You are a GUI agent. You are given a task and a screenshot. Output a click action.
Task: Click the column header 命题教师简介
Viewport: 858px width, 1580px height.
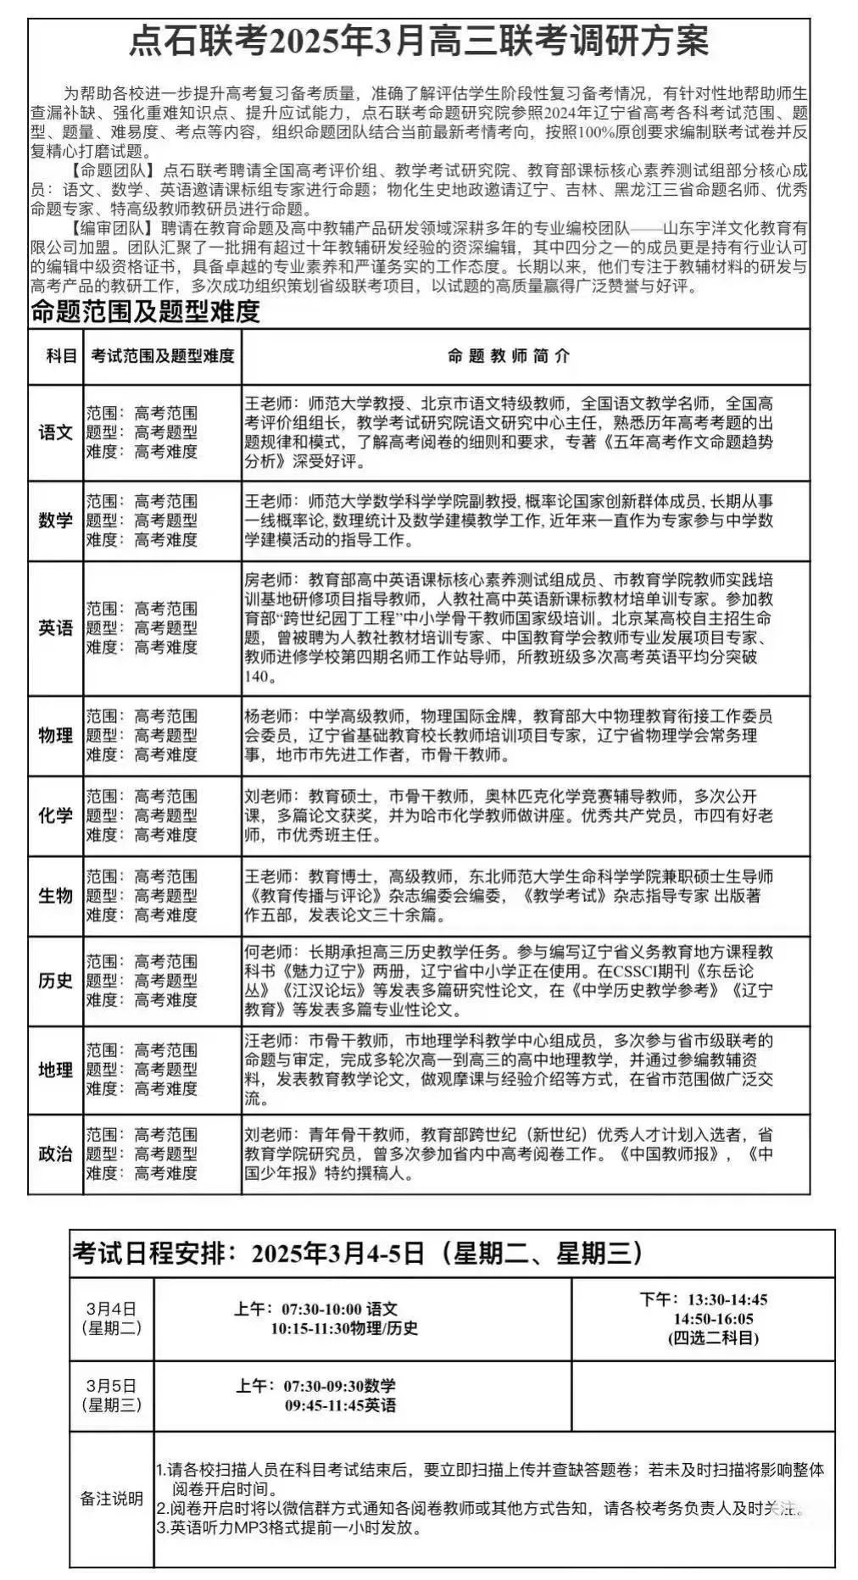(509, 356)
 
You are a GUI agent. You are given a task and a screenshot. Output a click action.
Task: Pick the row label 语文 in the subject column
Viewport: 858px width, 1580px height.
(56, 432)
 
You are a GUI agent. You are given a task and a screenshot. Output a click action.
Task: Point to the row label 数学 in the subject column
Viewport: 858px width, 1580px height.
(56, 520)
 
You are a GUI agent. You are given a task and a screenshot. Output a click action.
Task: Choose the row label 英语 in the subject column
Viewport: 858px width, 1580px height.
(56, 628)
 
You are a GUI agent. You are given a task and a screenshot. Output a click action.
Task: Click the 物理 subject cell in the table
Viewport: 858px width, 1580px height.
(56, 735)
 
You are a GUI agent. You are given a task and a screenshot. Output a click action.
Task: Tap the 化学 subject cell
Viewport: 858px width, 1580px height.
(56, 815)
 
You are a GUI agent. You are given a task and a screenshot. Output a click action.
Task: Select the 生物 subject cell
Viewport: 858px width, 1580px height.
(56, 896)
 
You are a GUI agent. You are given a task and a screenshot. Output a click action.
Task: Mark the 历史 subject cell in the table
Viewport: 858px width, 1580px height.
(56, 981)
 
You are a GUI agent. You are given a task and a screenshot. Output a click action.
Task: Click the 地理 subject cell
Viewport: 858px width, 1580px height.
(56, 1070)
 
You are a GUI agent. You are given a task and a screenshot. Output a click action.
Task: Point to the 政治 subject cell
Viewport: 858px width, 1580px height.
(56, 1154)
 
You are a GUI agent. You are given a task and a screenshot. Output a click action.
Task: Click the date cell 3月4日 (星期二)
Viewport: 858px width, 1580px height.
(111, 1319)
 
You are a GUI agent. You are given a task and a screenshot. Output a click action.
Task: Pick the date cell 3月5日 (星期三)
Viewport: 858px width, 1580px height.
(111, 1395)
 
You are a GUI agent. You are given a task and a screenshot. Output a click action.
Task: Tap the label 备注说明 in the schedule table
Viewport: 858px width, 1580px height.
(112, 1499)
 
